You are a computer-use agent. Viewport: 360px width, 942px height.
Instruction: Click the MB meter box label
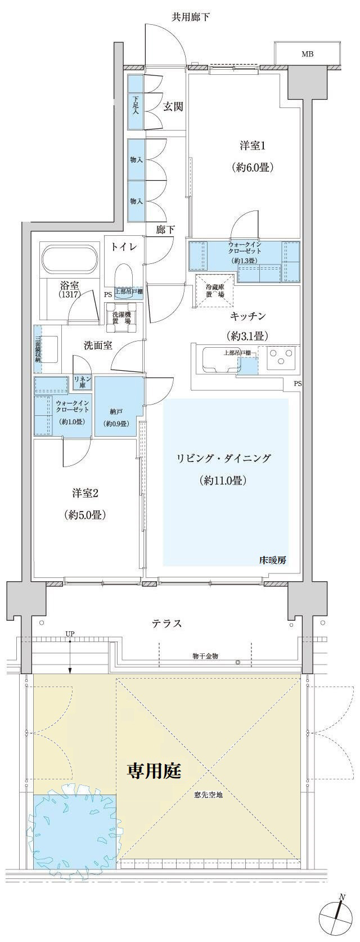tap(307, 54)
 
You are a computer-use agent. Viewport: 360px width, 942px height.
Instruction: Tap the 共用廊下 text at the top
tap(190, 17)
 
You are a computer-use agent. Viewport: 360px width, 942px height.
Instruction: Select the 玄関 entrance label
tap(173, 106)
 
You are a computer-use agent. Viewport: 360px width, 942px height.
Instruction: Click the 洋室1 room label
tap(252, 146)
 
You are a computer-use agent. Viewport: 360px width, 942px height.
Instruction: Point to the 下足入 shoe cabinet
tap(136, 104)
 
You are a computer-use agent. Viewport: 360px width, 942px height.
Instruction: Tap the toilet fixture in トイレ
tap(123, 277)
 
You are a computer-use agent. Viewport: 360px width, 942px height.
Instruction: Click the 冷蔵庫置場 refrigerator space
tap(214, 290)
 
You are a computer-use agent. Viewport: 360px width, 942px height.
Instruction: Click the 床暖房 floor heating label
tap(272, 560)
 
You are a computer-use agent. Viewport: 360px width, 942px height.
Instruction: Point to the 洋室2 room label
tap(85, 494)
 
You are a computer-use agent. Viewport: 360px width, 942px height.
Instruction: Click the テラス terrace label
tap(166, 623)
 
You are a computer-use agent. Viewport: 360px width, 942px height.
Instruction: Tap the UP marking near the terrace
tap(70, 634)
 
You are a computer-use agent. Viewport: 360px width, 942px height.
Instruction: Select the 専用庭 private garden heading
tap(154, 770)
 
